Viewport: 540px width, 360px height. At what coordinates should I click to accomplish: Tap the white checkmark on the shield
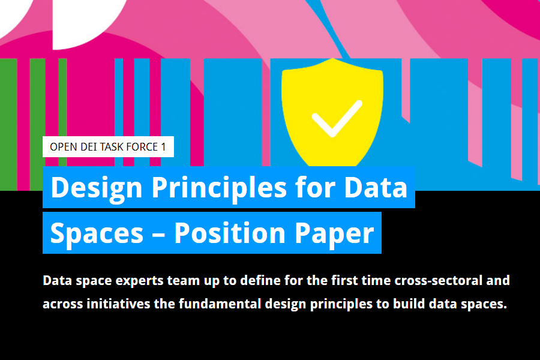coord(337,119)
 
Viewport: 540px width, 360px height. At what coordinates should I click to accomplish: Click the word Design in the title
coord(97,188)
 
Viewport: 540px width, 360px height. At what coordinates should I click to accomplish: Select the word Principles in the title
coord(219,188)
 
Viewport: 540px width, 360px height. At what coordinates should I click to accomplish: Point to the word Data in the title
coord(376,187)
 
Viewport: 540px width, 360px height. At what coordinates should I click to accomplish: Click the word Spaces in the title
coord(97,234)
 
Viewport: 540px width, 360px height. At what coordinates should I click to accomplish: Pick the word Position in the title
coord(230,233)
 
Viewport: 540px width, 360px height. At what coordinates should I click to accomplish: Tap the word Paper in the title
coord(334,234)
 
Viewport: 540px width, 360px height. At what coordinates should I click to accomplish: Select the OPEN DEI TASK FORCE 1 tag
coord(108,147)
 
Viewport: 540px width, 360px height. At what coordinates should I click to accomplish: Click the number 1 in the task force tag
coord(164,147)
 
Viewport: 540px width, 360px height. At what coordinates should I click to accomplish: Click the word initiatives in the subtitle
coord(118,304)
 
